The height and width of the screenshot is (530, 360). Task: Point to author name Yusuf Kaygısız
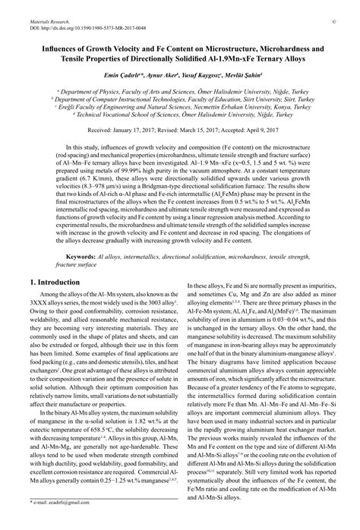point(197,77)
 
